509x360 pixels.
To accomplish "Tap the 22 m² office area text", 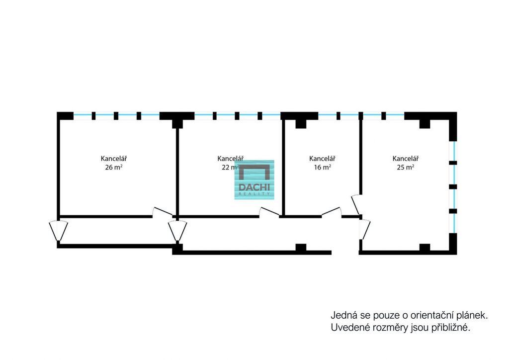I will (x=230, y=168).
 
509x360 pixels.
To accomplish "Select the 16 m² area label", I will (x=322, y=168).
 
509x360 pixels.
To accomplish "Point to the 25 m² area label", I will (x=406, y=168).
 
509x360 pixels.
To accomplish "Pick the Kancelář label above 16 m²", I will (x=322, y=159).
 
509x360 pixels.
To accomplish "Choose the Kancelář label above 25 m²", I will (x=406, y=159).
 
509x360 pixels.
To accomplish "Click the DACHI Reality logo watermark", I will (x=254, y=180).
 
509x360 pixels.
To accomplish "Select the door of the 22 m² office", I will (x=269, y=212).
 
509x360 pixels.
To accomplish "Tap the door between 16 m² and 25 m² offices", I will (x=356, y=203).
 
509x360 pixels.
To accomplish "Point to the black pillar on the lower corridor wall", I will (x=301, y=247).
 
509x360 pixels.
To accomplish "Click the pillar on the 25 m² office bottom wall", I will (x=424, y=247).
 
